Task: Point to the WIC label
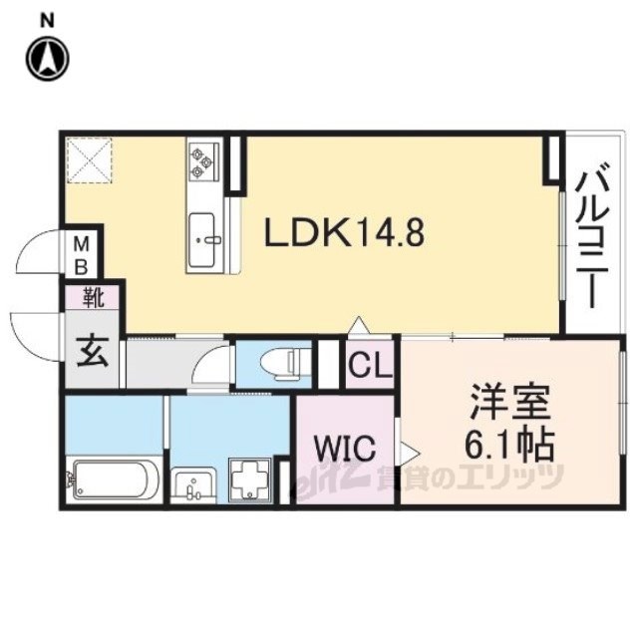pos(346,449)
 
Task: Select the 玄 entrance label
pos(93,353)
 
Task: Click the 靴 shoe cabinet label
pos(93,296)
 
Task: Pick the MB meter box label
pos(82,255)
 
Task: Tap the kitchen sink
pos(203,240)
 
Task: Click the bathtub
pos(112,479)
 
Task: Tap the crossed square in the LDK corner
pos(89,159)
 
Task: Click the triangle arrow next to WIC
pos(407,452)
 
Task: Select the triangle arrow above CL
pos(359,326)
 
